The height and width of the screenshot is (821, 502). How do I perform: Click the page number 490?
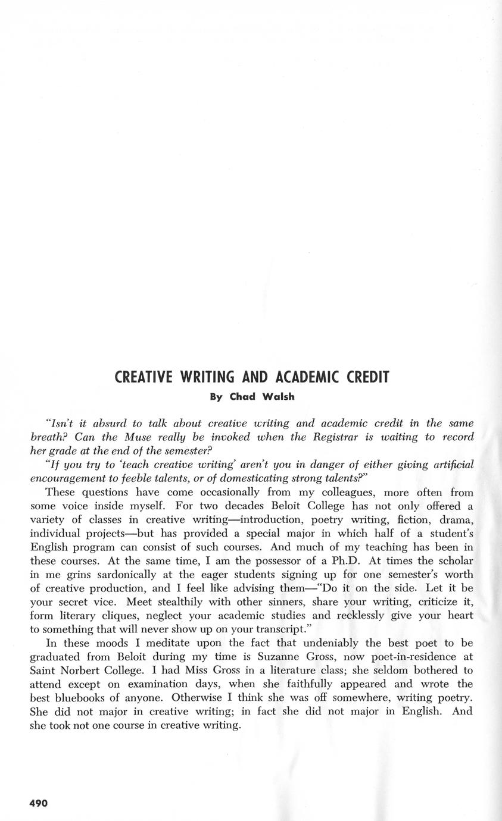39,803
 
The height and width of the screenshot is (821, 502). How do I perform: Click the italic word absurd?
107,424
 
